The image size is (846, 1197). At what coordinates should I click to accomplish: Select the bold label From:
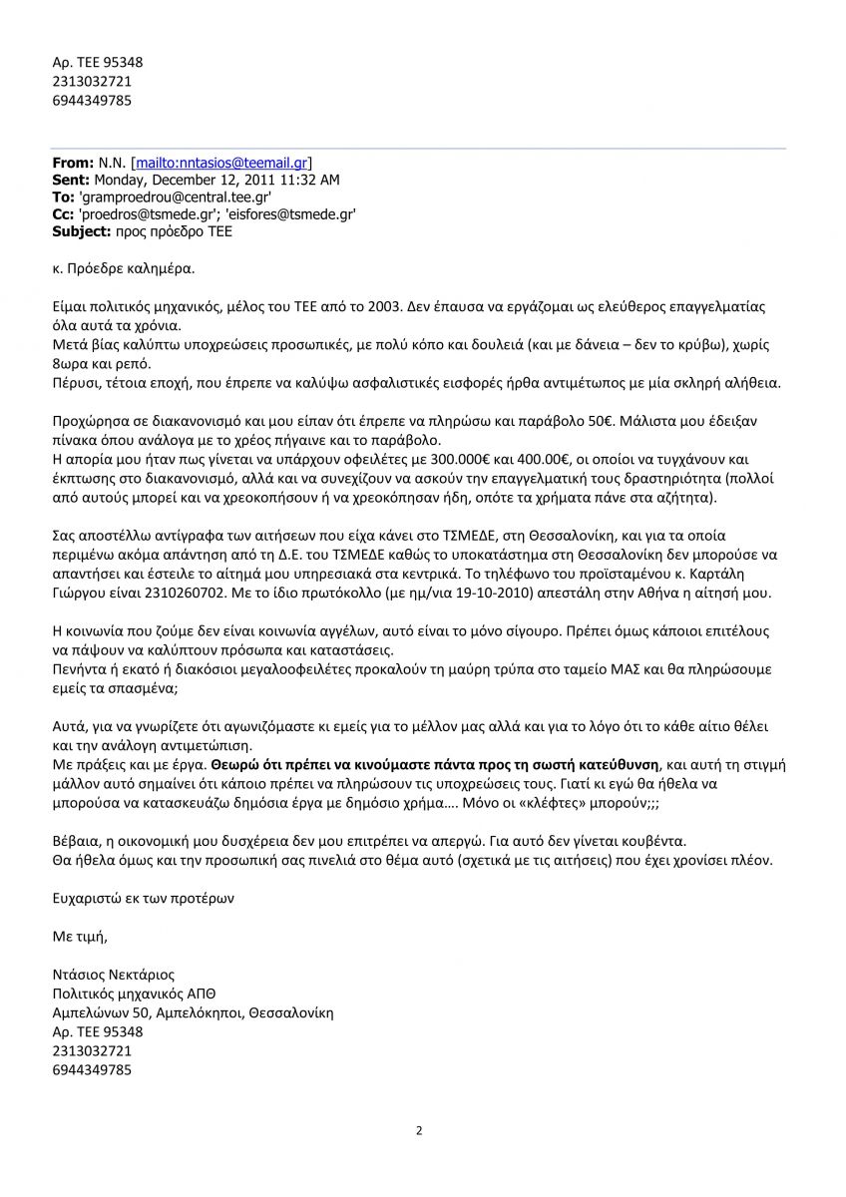[x=72, y=162]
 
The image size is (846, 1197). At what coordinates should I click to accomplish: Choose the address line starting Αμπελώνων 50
[x=193, y=1012]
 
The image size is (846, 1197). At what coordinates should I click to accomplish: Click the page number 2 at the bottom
[x=419, y=1130]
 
